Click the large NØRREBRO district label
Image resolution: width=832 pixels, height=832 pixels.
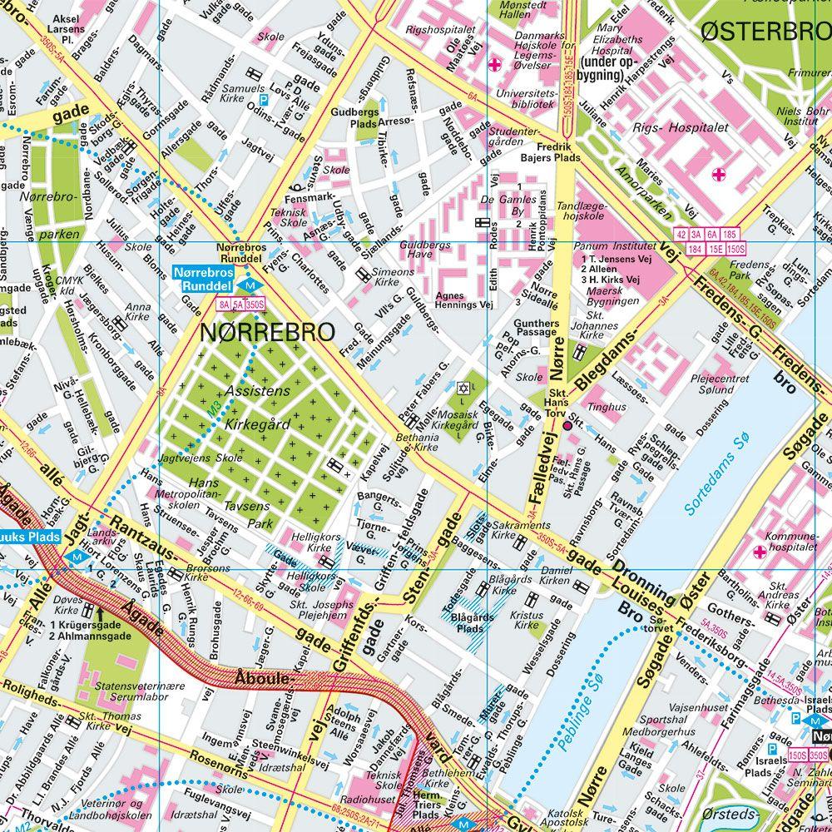(x=267, y=332)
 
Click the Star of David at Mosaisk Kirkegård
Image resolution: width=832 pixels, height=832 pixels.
(x=463, y=388)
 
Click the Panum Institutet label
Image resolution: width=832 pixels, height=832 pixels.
(x=617, y=246)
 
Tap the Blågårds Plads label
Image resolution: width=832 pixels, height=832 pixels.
(x=472, y=623)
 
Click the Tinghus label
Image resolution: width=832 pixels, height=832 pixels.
(x=607, y=407)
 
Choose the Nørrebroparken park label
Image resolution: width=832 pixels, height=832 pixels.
(x=59, y=215)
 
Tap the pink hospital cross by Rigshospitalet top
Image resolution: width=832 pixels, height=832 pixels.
(x=496, y=65)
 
